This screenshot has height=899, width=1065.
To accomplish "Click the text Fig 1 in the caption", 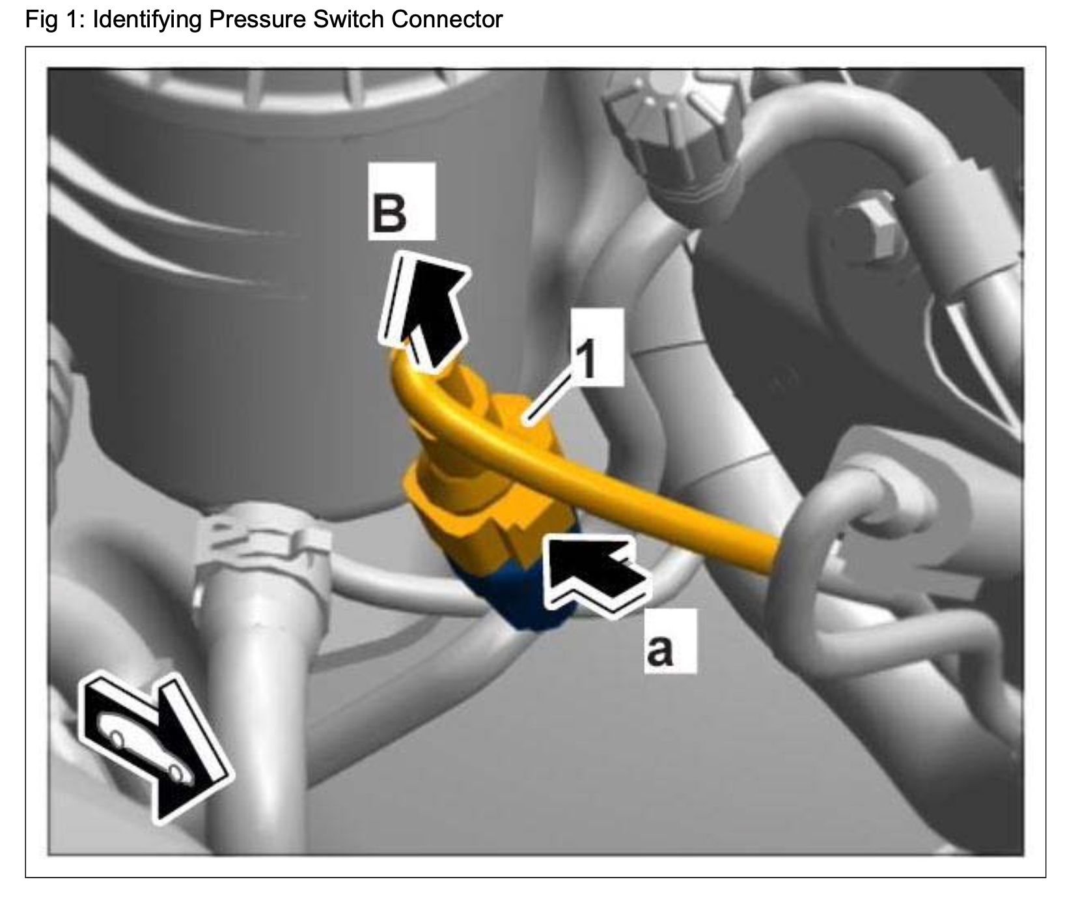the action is click(55, 19).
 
